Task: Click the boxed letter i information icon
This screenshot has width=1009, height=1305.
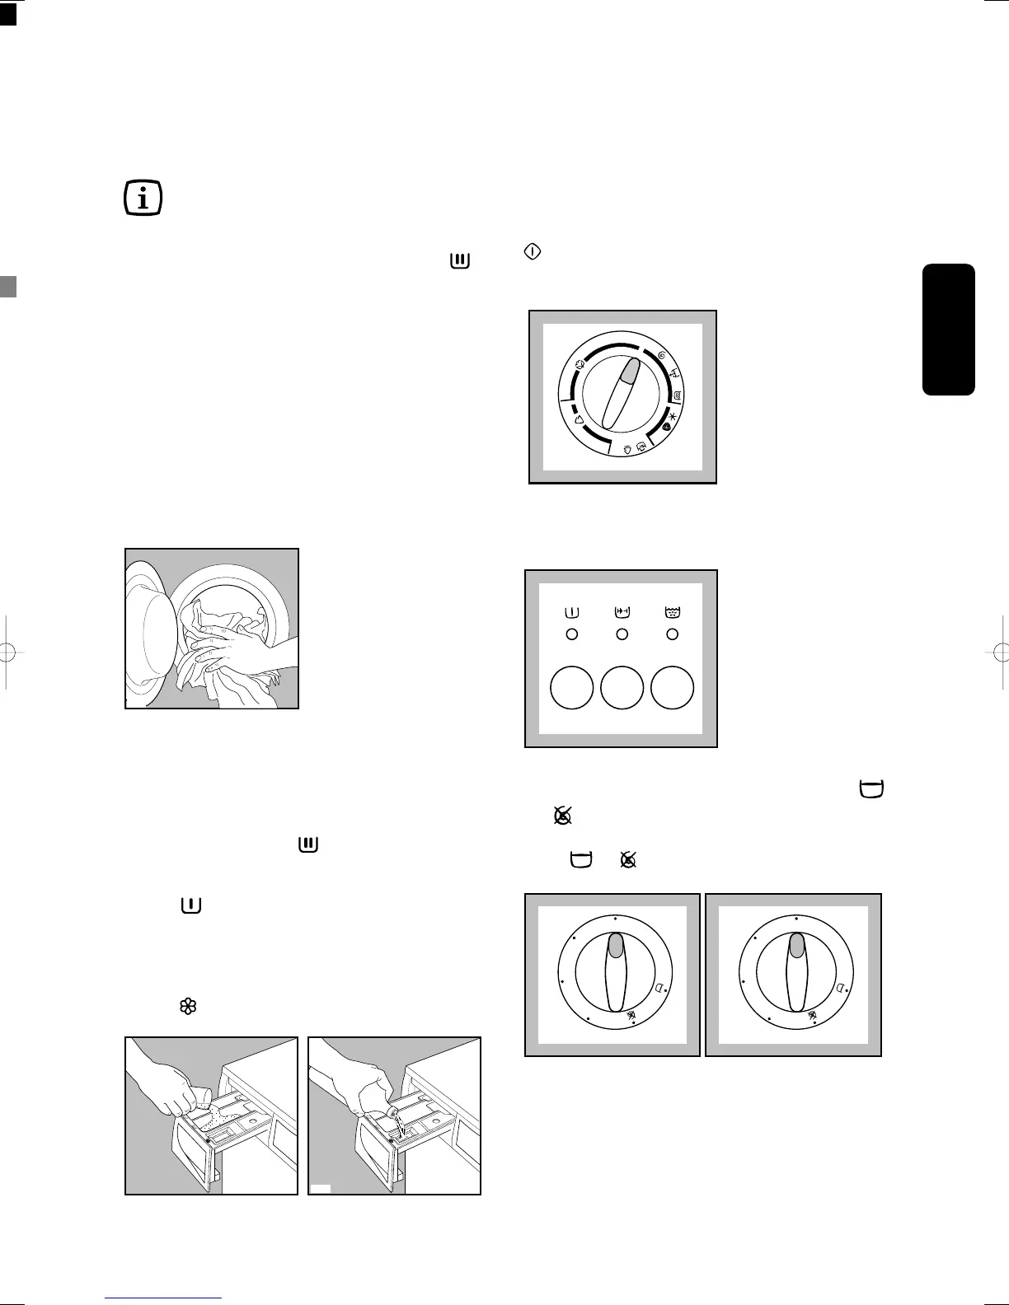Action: (143, 199)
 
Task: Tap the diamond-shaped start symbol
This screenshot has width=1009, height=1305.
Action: (533, 253)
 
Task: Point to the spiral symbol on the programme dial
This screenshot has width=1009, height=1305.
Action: (662, 354)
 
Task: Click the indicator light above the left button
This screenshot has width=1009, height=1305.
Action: (571, 634)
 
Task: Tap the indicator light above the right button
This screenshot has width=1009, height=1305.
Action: (672, 634)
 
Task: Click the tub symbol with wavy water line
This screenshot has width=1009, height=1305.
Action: (672, 612)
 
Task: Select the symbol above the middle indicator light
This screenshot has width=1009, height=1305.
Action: (622, 612)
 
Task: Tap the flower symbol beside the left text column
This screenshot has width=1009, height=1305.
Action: (187, 1006)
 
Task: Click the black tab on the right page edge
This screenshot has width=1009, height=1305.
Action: (950, 330)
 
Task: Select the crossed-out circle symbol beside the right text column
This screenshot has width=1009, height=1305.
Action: (563, 816)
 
